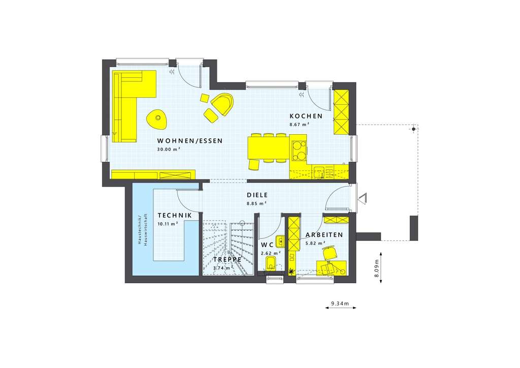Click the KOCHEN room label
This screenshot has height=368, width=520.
pyautogui.click(x=306, y=116)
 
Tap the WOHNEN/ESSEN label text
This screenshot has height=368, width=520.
pyautogui.click(x=189, y=141)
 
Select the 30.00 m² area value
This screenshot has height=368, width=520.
pyautogui.click(x=169, y=149)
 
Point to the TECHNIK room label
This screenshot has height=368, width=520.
pyautogui.click(x=175, y=215)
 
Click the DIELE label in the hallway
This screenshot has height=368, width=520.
pyautogui.click(x=257, y=195)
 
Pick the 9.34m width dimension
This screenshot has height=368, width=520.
pyautogui.click(x=340, y=304)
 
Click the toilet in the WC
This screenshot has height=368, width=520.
pyautogui.click(x=271, y=263)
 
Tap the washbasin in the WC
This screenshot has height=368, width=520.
pyautogui.click(x=280, y=240)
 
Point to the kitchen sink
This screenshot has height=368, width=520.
pyautogui.click(x=319, y=172)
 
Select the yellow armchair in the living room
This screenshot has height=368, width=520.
pyautogui.click(x=222, y=104)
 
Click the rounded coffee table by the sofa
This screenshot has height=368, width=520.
pyautogui.click(x=156, y=119)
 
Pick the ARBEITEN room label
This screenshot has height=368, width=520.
pyautogui.click(x=323, y=235)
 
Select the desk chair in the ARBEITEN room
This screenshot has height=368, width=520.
pyautogui.click(x=330, y=252)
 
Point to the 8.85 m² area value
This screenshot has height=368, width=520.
pyautogui.click(x=257, y=203)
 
